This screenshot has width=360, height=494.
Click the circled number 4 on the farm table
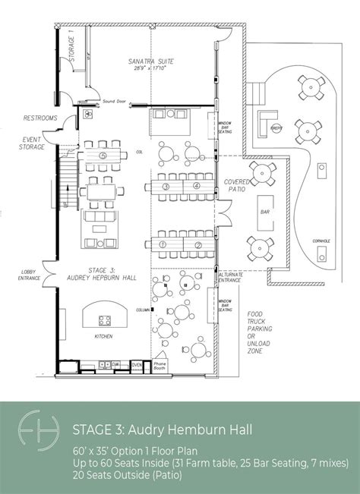pos(196,185)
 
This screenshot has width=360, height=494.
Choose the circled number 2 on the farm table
pos(196,244)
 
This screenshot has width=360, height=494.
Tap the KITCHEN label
pos(103,335)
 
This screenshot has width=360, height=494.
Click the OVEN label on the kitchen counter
pos(137,364)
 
